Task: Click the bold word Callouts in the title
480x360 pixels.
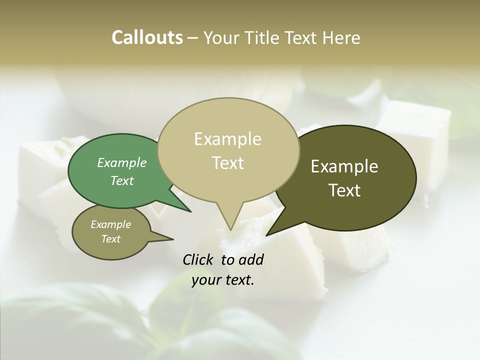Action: [147, 38]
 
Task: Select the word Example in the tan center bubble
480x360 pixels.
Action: [227, 139]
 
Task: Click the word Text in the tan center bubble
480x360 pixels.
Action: [227, 163]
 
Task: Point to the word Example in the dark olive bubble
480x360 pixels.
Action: [344, 166]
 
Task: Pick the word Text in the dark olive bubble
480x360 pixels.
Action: [344, 190]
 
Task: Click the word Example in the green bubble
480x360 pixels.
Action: [122, 163]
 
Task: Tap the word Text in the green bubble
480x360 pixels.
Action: [122, 181]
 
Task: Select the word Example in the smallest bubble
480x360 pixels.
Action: [111, 224]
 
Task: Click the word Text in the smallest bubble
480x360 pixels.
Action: [111, 239]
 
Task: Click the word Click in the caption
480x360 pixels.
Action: [198, 259]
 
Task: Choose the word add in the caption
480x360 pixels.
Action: [251, 259]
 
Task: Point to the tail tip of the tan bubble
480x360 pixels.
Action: [231, 230]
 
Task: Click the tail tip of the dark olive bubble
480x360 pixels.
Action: [266, 235]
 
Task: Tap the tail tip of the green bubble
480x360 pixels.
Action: [190, 211]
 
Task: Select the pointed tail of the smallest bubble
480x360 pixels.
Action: [173, 239]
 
